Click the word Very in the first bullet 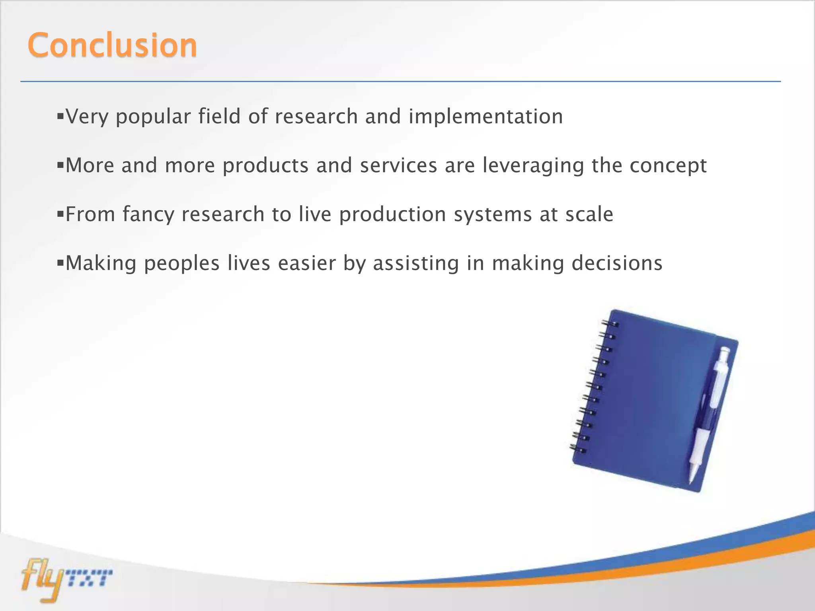[86, 117]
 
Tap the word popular [153, 117]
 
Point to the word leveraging [533, 165]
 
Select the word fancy [148, 215]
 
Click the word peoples [181, 264]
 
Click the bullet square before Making [60, 263]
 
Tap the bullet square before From [60, 214]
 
